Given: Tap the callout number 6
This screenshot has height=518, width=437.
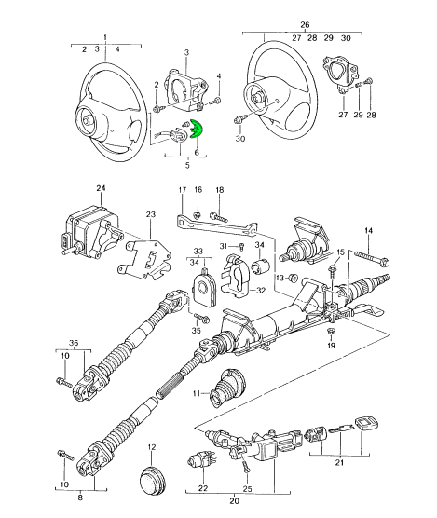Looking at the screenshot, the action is coord(197,152).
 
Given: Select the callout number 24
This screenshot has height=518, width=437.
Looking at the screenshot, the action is coord(101,188).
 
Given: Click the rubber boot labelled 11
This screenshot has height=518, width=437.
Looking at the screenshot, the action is coord(226,388).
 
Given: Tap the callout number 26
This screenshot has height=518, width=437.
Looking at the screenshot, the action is coord(305,25).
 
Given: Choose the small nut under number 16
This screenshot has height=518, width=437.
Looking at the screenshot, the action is coord(197,215).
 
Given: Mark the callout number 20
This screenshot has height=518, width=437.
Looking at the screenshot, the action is coord(234,510).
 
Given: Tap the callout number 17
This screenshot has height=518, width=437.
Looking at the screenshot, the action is coord(183,190).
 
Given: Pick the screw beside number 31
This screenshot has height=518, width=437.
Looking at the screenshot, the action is coord(241,247).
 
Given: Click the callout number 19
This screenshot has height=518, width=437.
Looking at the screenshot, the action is coord(331,346).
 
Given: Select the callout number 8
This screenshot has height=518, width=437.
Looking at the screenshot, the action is coord(80,498).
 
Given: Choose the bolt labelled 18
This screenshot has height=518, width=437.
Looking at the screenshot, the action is coord(219,217).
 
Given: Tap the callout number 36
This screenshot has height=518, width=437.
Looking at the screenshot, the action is coord(74,343).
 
